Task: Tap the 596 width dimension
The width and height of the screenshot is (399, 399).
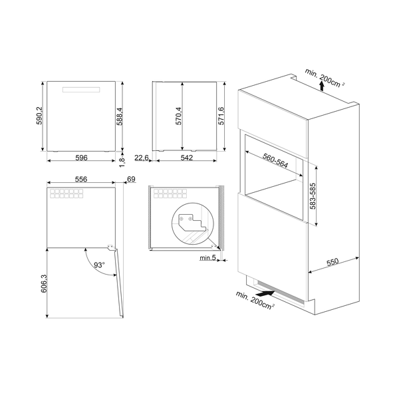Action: click(80, 158)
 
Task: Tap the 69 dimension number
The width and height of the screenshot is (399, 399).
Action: click(130, 180)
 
